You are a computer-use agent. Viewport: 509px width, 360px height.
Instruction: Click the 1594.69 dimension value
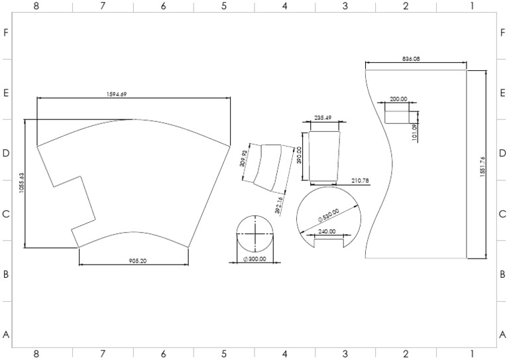tap(117, 94)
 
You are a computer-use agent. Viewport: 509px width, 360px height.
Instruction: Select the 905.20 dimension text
tap(138, 261)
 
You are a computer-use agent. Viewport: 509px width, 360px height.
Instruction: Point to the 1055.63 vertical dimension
tap(21, 183)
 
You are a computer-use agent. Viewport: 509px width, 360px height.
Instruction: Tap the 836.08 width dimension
tap(411, 59)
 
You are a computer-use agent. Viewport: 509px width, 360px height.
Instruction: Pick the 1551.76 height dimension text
tap(482, 166)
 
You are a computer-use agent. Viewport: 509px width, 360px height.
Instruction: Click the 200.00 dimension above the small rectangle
tap(398, 99)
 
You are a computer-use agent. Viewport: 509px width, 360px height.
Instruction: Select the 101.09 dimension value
tap(414, 132)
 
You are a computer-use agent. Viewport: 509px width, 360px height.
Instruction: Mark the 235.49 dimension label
tap(323, 117)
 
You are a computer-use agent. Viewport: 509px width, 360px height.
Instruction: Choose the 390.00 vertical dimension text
tap(299, 155)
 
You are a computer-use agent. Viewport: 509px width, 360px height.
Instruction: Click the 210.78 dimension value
tap(361, 180)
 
